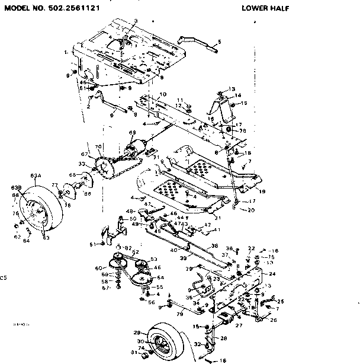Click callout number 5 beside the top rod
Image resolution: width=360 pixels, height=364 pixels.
click(x=219, y=41)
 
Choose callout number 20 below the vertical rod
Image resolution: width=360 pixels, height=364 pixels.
click(x=251, y=210)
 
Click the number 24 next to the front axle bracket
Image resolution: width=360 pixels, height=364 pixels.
click(x=272, y=274)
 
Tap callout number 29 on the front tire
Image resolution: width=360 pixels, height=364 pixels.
click(x=136, y=333)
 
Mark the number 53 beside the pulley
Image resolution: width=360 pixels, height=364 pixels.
click(x=155, y=258)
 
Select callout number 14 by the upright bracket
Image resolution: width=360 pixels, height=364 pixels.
click(x=238, y=95)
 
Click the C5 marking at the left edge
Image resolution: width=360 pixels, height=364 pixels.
click(x=4, y=277)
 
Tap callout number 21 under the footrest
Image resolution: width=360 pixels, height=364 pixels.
click(x=218, y=218)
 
